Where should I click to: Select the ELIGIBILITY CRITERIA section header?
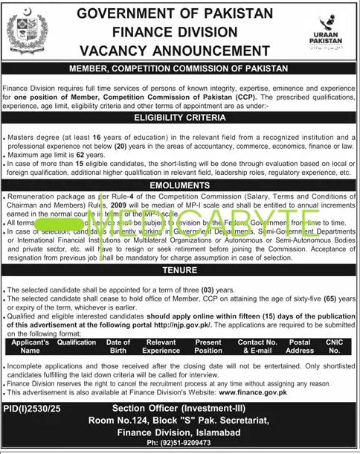pos(179,118)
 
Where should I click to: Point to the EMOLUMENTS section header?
pos(179,185)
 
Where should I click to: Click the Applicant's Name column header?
pos(30,345)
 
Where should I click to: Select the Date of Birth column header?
pos(118,345)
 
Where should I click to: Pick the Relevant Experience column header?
pos(161,345)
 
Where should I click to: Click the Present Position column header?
pos(208,345)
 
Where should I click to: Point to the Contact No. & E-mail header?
pos(256,345)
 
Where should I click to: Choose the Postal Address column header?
pos(300,345)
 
